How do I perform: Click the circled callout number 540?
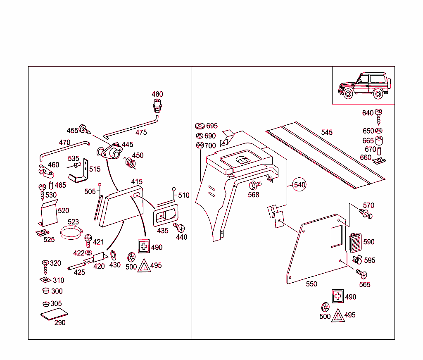(x=299, y=184)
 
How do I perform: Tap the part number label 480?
(x=157, y=94)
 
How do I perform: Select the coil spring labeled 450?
(x=131, y=162)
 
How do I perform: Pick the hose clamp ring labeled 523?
(x=72, y=234)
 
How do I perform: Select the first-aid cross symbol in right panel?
(x=338, y=296)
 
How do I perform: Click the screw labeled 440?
(x=180, y=227)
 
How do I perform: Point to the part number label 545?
(x=327, y=132)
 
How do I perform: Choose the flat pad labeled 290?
(x=54, y=314)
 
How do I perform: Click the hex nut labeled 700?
(x=200, y=145)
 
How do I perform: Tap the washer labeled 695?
(x=200, y=126)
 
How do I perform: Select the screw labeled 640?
(x=379, y=114)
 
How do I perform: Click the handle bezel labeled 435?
(x=165, y=216)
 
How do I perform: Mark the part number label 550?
(x=311, y=284)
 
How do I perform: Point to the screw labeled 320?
(x=45, y=267)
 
